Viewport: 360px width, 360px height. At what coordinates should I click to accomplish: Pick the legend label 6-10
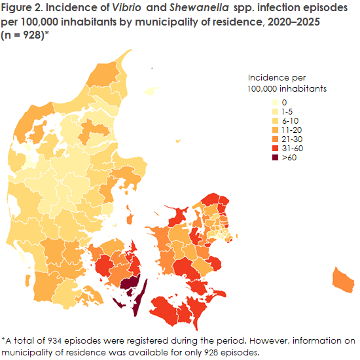[x=289, y=121]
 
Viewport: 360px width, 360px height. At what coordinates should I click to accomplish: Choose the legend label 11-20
[x=291, y=130]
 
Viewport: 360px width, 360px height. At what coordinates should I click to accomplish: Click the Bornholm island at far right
[x=343, y=280]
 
